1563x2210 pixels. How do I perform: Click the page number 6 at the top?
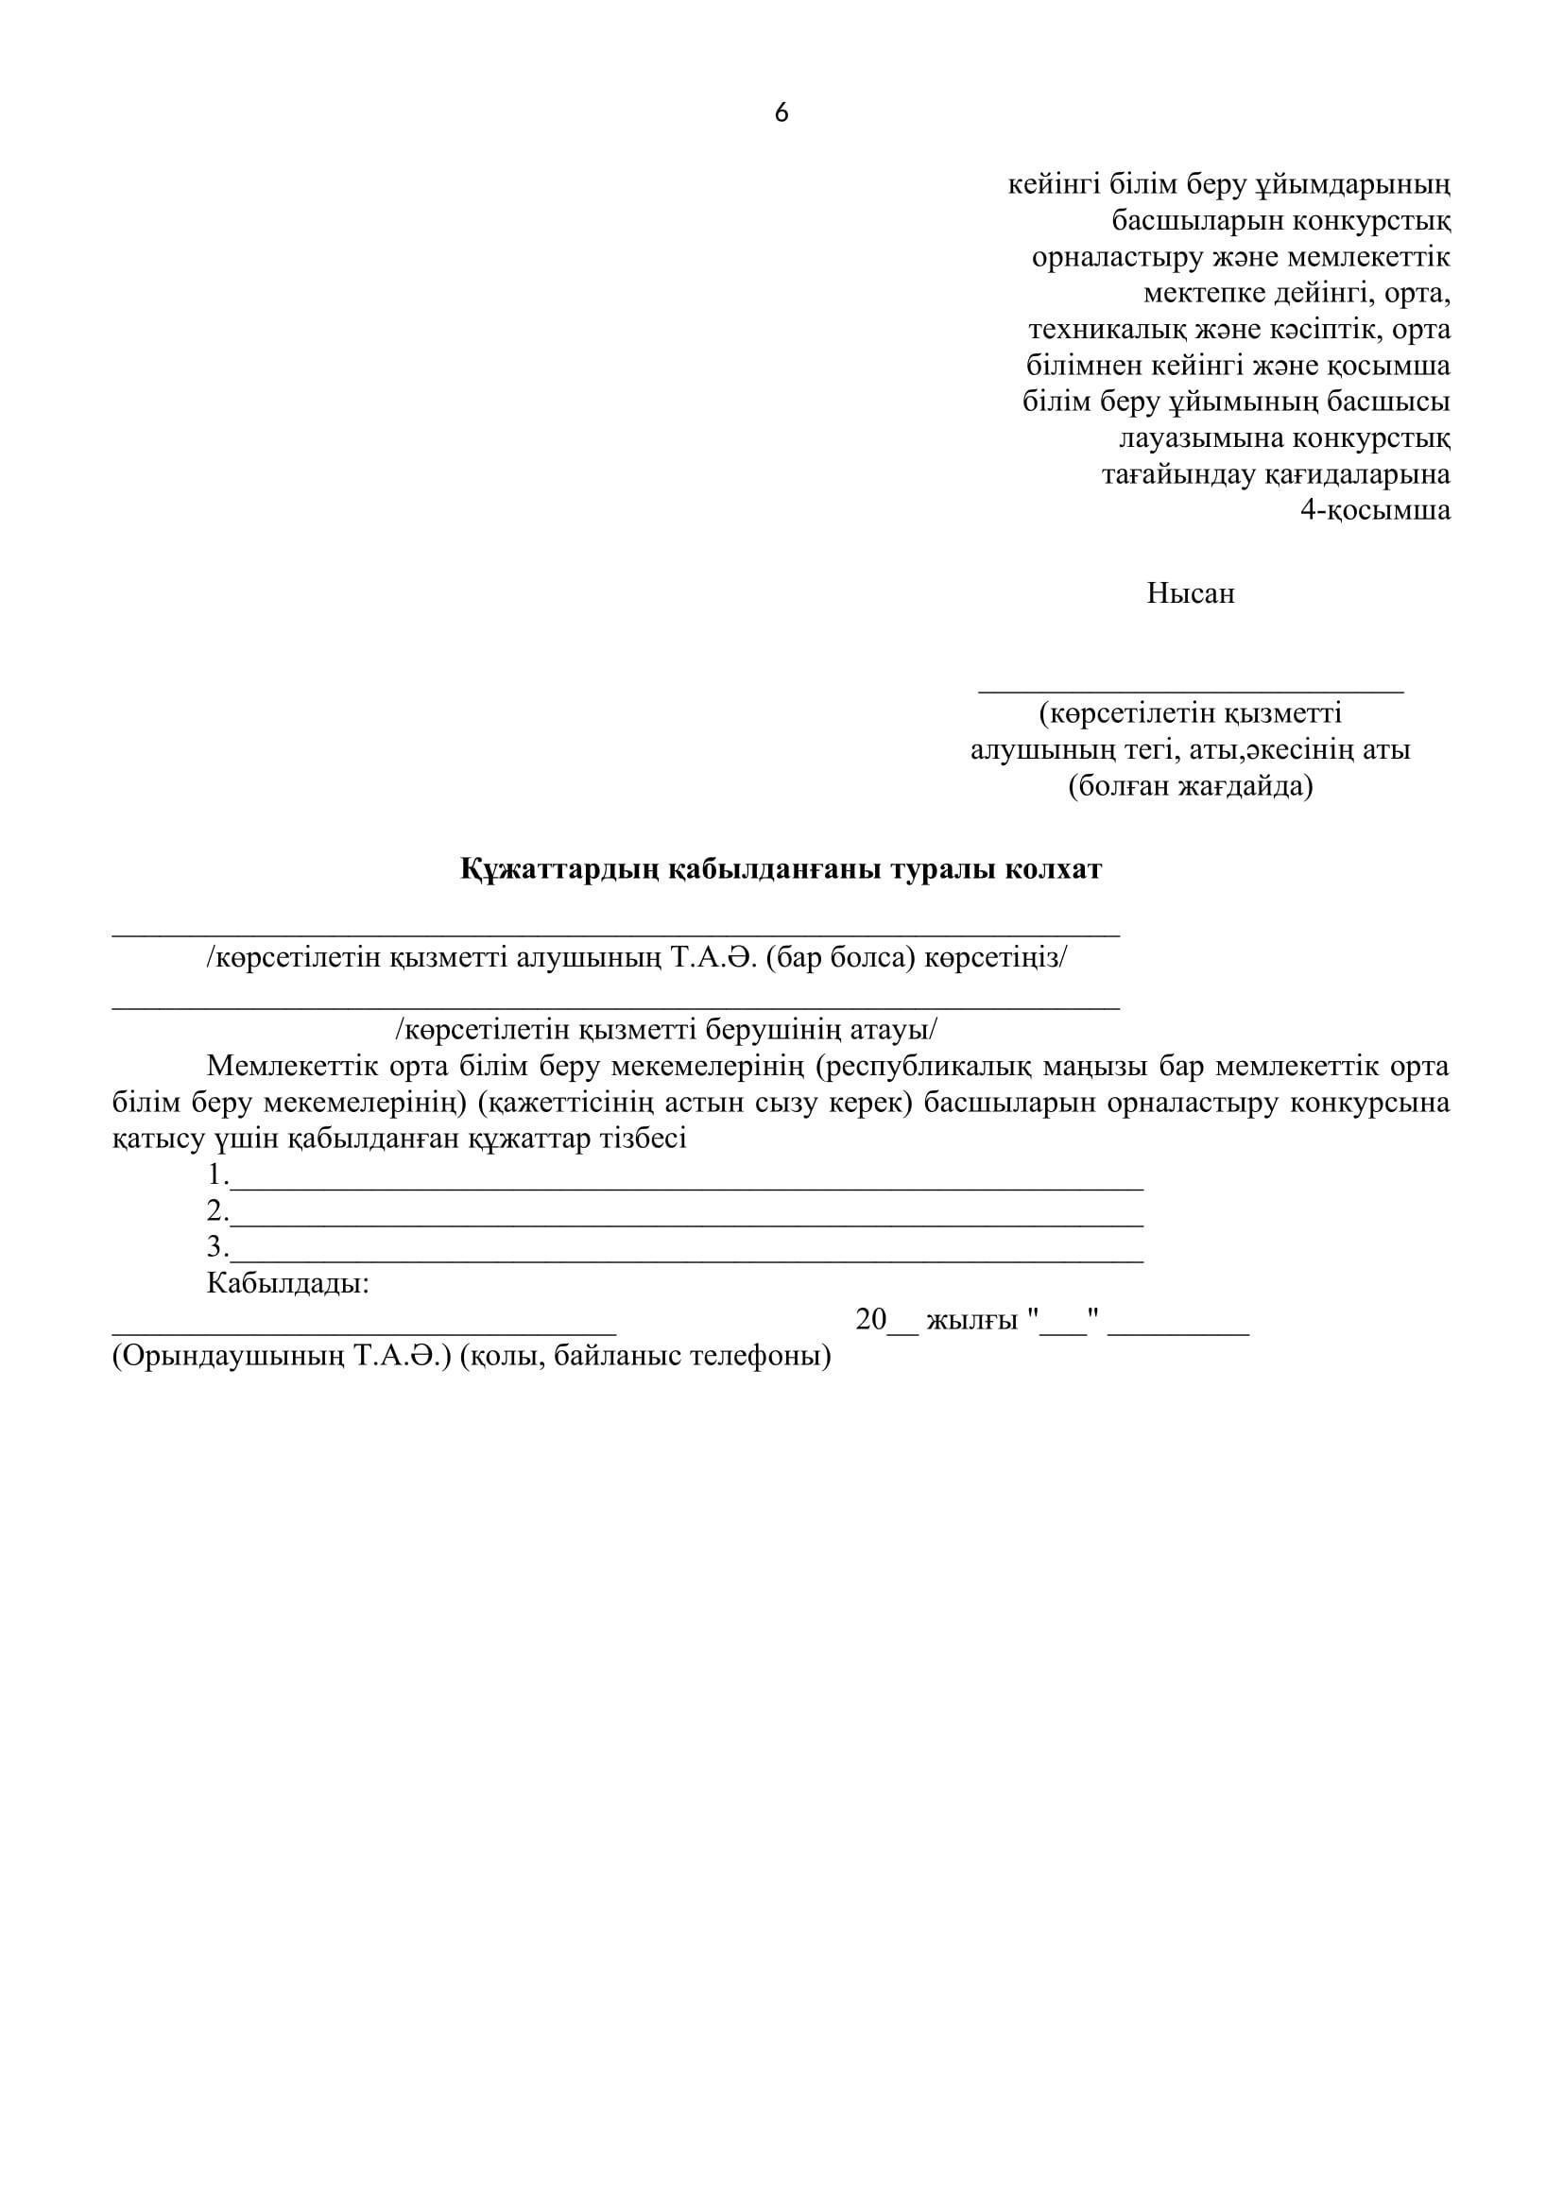click(x=781, y=113)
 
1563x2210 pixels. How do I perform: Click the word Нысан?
click(x=1190, y=593)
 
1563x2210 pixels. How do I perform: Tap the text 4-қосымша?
click(x=1375, y=510)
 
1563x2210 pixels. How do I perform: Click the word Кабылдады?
click(x=288, y=1283)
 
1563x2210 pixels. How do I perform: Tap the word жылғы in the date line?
click(x=971, y=1321)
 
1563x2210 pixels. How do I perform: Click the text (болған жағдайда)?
click(x=1190, y=786)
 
